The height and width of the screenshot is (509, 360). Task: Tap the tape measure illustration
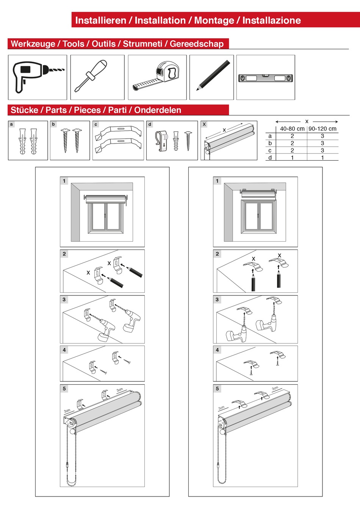(157, 77)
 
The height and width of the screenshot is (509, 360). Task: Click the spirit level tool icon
(265, 78)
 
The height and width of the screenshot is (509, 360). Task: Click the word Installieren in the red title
(100, 20)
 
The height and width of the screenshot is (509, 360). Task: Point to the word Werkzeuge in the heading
(33, 44)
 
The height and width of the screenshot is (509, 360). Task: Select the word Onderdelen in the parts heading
(158, 110)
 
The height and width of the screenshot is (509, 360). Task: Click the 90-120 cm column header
(322, 129)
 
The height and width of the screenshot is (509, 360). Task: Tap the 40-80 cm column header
(292, 129)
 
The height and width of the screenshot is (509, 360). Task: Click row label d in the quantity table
(270, 158)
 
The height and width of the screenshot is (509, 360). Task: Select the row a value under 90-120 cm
(322, 136)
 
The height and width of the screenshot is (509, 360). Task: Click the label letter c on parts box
(96, 124)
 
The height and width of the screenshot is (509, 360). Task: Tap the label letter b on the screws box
(53, 124)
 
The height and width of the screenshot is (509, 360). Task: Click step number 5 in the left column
(64, 389)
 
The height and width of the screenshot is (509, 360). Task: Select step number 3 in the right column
(217, 300)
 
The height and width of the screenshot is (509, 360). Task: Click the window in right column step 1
(258, 216)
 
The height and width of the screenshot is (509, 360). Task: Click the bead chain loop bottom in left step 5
(72, 484)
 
